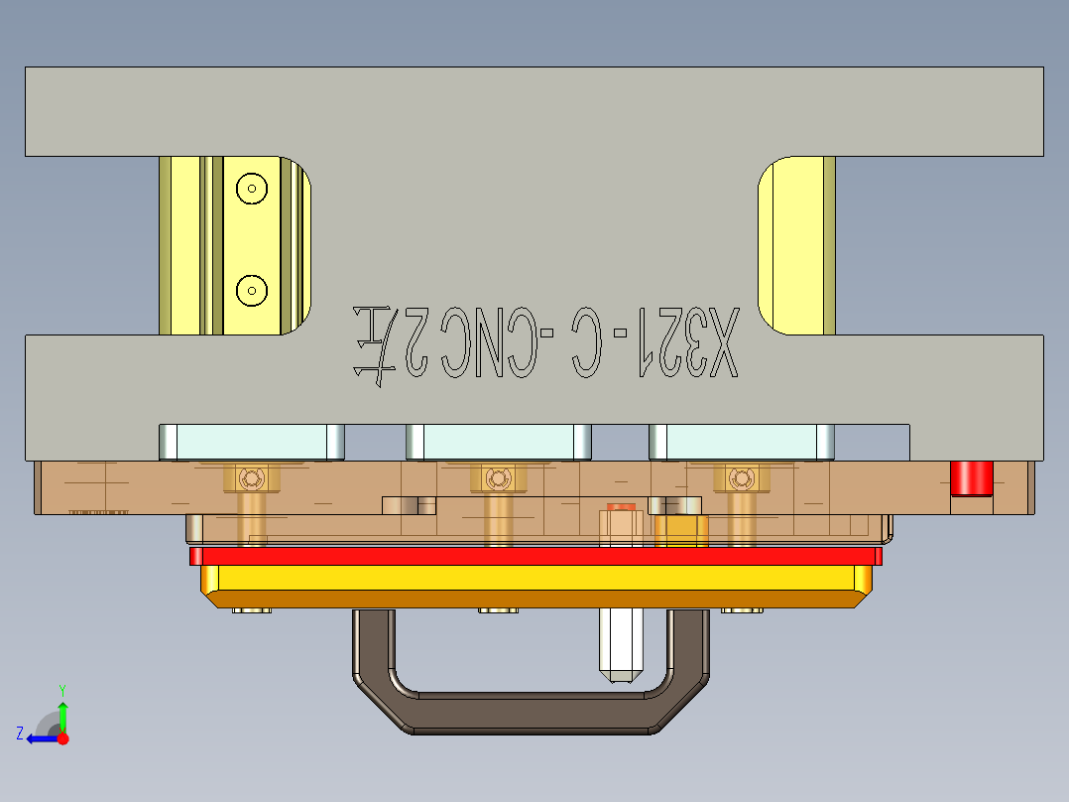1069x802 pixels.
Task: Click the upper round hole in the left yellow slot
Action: [x=252, y=188]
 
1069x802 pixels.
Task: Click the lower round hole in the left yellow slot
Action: [x=252, y=291]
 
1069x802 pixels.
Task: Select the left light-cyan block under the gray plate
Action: [x=251, y=441]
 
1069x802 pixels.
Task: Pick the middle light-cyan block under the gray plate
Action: [x=498, y=441]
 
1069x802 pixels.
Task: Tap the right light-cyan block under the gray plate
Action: [x=741, y=441]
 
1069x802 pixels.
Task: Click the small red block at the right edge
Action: [x=972, y=477]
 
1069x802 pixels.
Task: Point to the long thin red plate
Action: [x=535, y=556]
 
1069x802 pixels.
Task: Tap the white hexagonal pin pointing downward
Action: [x=621, y=645]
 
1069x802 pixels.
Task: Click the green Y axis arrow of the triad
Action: [x=62, y=716]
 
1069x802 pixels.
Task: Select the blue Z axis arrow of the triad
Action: [x=40, y=738]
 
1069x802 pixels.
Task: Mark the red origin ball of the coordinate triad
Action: [x=62, y=738]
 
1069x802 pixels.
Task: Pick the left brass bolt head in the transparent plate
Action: [x=252, y=479]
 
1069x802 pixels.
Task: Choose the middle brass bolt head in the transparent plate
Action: [x=498, y=479]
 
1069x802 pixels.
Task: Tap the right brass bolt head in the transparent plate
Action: [x=741, y=479]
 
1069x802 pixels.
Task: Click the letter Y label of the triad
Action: [x=61, y=689]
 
